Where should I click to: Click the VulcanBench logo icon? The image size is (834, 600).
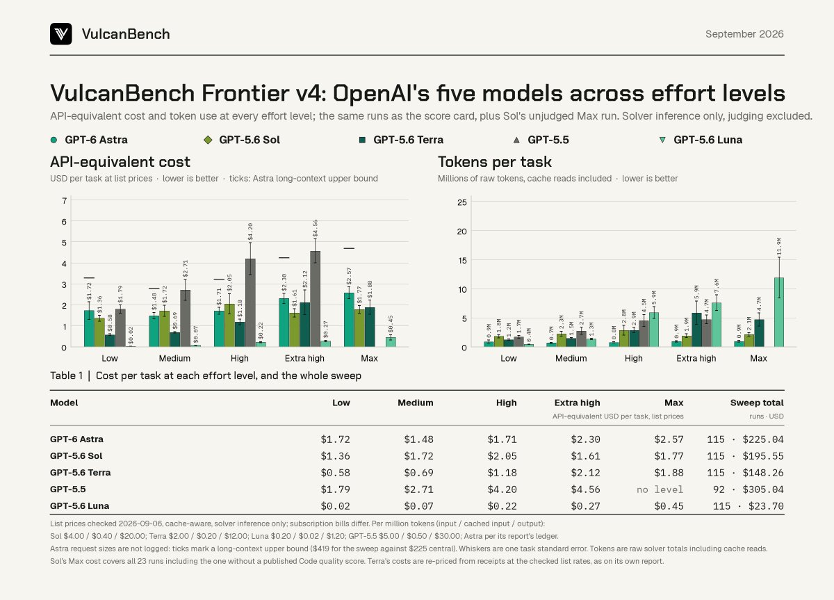click(x=61, y=34)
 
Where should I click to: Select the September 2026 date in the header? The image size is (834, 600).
click(x=744, y=34)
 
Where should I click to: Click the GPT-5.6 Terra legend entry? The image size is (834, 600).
click(x=402, y=140)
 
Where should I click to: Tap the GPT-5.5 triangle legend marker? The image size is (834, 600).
click(x=516, y=140)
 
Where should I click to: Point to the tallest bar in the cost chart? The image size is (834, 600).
click(x=315, y=299)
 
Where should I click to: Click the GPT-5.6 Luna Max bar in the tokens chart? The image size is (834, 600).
click(x=779, y=312)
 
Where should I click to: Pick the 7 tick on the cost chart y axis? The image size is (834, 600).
click(x=65, y=200)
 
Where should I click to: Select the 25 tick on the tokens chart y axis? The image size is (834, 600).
click(x=461, y=202)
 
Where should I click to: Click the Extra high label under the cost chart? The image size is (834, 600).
click(x=304, y=358)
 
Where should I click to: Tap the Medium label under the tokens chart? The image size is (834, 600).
click(x=571, y=358)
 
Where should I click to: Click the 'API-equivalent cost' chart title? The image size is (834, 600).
click(x=120, y=162)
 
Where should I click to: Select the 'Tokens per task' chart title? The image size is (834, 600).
click(x=494, y=162)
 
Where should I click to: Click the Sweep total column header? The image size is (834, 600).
click(x=757, y=403)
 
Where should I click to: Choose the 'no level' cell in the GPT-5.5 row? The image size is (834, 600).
click(x=660, y=489)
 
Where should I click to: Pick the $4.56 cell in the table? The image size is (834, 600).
click(x=585, y=489)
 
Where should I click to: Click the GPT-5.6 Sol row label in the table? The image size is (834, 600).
click(x=76, y=456)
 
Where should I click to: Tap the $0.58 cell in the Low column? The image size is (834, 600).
click(x=335, y=473)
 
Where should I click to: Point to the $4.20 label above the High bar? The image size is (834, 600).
click(x=250, y=232)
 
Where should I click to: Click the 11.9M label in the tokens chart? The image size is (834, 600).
click(x=779, y=248)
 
